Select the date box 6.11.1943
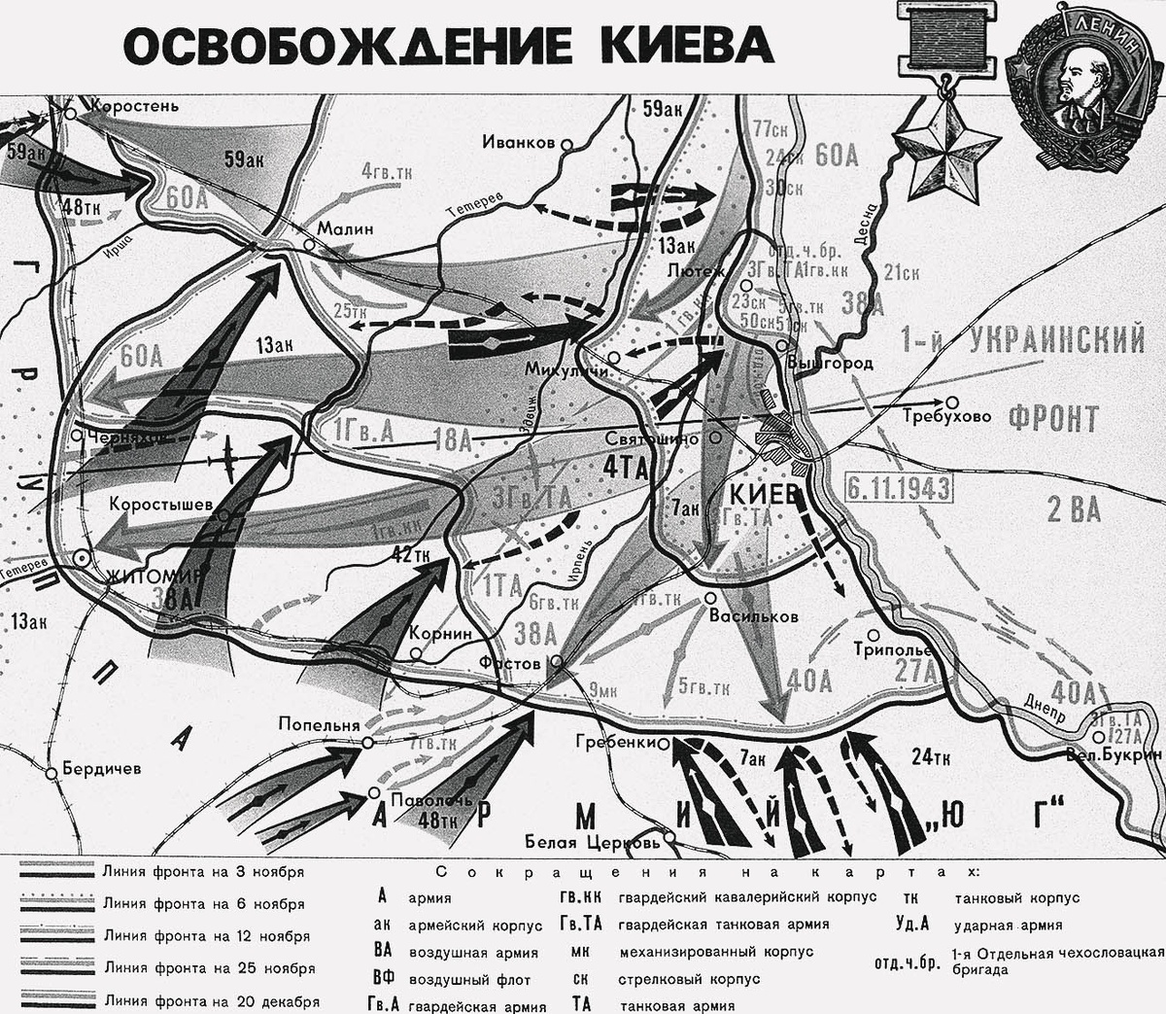click(x=897, y=487)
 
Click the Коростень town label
click(x=132, y=103)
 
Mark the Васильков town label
click(x=754, y=615)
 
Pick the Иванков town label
click(x=519, y=142)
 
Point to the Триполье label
click(x=894, y=649)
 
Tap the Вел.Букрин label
click(x=1114, y=753)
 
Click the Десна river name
click(x=870, y=223)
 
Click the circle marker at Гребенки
click(x=664, y=744)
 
